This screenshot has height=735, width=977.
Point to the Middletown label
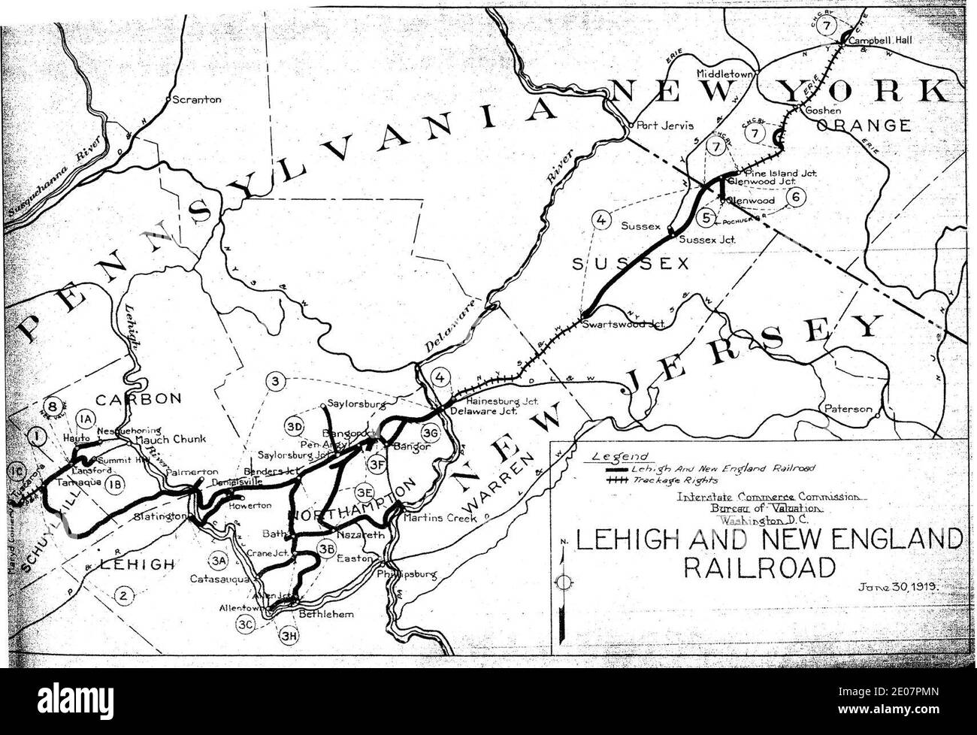coord(724,74)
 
